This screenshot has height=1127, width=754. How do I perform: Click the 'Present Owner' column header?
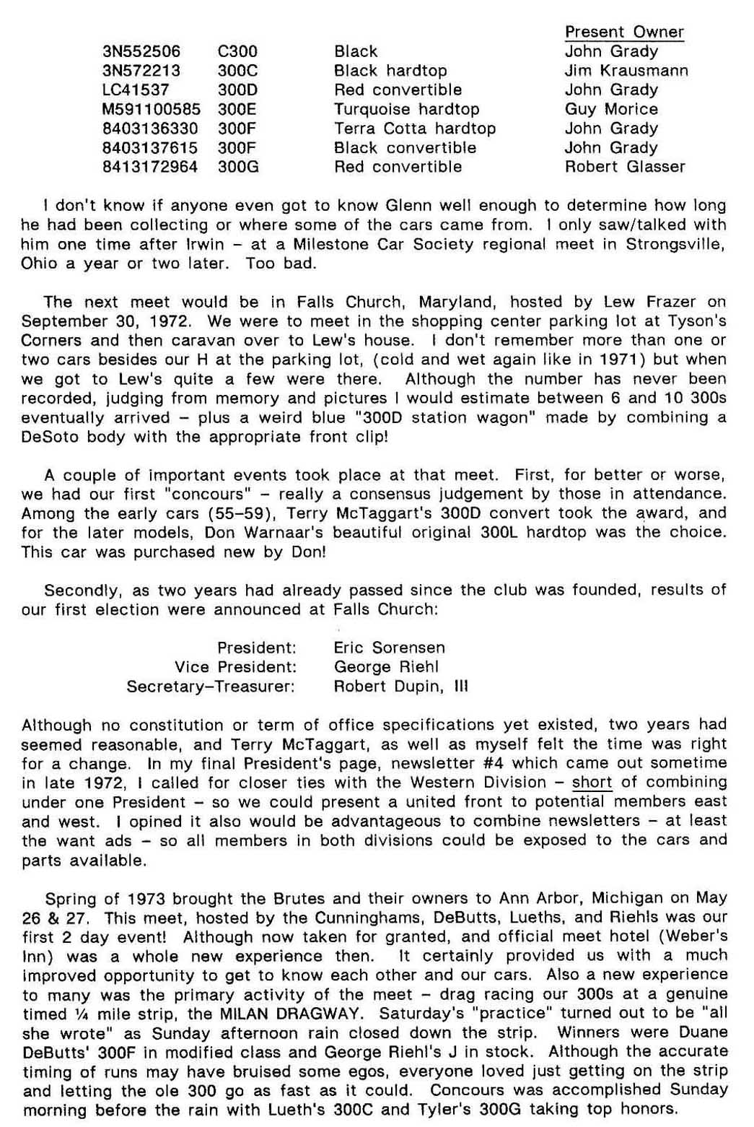pyautogui.click(x=624, y=32)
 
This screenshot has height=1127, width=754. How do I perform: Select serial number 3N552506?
pyautogui.click(x=141, y=51)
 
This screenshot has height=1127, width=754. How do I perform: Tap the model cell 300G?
pyautogui.click(x=238, y=167)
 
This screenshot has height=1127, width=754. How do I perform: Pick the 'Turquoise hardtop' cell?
pyautogui.click(x=406, y=109)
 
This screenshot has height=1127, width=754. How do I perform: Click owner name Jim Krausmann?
pyautogui.click(x=626, y=71)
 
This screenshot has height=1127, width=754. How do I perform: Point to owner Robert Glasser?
pyautogui.click(x=625, y=167)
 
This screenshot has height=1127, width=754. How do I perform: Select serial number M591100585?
pyautogui.click(x=152, y=109)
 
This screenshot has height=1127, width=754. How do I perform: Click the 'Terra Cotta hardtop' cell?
pyautogui.click(x=415, y=129)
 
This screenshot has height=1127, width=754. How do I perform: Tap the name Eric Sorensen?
pyautogui.click(x=389, y=648)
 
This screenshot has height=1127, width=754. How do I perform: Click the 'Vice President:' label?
pyautogui.click(x=235, y=666)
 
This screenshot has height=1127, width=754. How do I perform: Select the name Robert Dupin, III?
pyautogui.click(x=400, y=686)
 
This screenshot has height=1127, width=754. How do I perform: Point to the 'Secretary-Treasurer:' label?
pyautogui.click(x=211, y=686)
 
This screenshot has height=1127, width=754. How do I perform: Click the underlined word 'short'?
pyautogui.click(x=592, y=782)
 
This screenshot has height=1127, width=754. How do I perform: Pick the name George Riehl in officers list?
pyautogui.click(x=386, y=666)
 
